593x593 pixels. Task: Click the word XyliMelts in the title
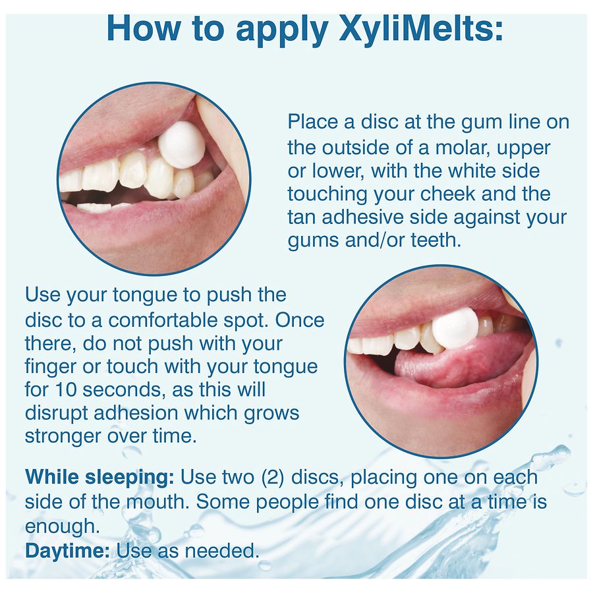point(421,29)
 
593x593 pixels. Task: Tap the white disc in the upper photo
point(182,145)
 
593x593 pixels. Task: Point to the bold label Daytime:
point(67,551)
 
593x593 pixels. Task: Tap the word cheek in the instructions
point(447,194)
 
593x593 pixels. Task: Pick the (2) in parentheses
point(272,477)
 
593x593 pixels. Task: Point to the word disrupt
point(57,413)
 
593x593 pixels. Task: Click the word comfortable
point(163,320)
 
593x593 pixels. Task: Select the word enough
point(63,526)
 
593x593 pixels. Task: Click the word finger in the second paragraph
point(51,366)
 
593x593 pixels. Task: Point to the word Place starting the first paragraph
point(313,122)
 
